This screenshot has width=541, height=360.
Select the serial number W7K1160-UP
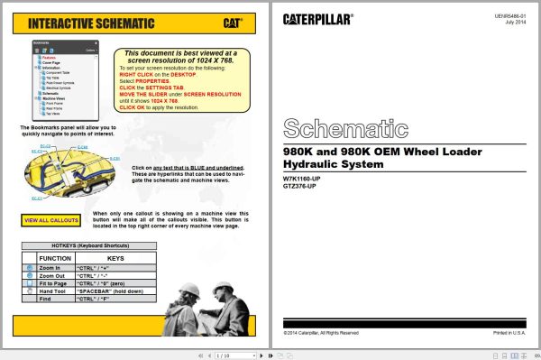pyautogui.click(x=301, y=179)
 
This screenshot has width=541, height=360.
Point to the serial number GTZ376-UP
pyautogui.click(x=299, y=186)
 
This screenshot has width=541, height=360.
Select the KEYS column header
pyautogui.click(x=115, y=258)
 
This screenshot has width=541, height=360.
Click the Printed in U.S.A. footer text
pyautogui.click(x=512, y=333)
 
